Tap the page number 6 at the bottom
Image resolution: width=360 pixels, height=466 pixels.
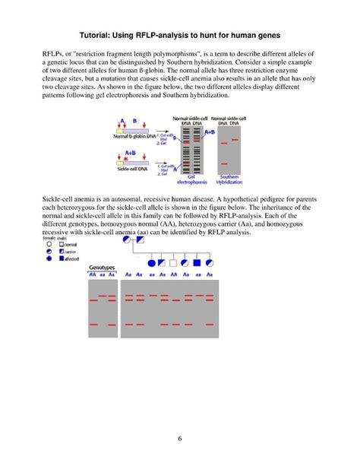pyautogui.click(x=179, y=439)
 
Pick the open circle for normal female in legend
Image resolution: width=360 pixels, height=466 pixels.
pyautogui.click(x=49, y=244)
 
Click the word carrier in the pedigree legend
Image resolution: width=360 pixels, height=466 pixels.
pyautogui.click(x=72, y=252)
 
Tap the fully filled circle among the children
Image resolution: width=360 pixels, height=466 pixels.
pyautogui.click(x=151, y=263)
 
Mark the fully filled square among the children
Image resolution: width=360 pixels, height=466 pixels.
pyautogui.click(x=197, y=263)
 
